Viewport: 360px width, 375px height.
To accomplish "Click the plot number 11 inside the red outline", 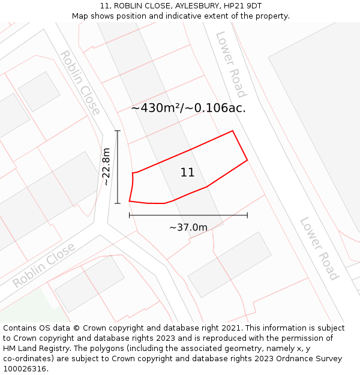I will tap(187, 173).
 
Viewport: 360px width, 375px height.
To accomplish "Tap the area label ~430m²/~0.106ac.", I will tap(188, 108).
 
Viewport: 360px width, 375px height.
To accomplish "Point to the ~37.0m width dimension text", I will tap(188, 227).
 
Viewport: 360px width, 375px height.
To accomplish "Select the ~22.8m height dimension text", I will tap(106, 166).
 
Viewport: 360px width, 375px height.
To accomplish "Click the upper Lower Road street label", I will tap(231, 64).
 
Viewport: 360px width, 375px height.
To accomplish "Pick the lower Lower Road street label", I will tap(319, 248).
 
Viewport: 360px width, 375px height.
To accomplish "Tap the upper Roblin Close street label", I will tap(80, 83).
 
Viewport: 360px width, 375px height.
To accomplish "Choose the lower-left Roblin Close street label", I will tap(44, 265).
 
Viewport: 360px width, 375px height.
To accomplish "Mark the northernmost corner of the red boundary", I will tap(232, 131).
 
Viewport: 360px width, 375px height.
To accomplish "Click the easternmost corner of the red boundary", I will tap(247, 160).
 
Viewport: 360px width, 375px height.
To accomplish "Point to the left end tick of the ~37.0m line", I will tap(130, 215).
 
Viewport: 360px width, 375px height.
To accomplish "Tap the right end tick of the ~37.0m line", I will tap(247, 215).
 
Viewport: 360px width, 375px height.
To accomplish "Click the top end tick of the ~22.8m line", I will tap(118, 131).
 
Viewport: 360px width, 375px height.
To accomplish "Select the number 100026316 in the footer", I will tap(25, 369).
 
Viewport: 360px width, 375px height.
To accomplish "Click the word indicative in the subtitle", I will tap(175, 16).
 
